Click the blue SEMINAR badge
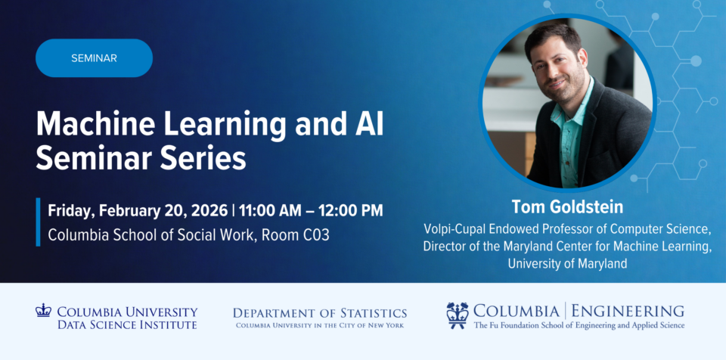pos(94,58)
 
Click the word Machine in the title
pos(87,124)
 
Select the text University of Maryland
pos(567,263)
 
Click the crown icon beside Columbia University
pos(43,310)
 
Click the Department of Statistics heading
pos(319,312)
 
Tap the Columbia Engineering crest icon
pos(458,315)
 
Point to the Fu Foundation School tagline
pos(579,326)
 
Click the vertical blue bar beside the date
pos(38,222)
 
